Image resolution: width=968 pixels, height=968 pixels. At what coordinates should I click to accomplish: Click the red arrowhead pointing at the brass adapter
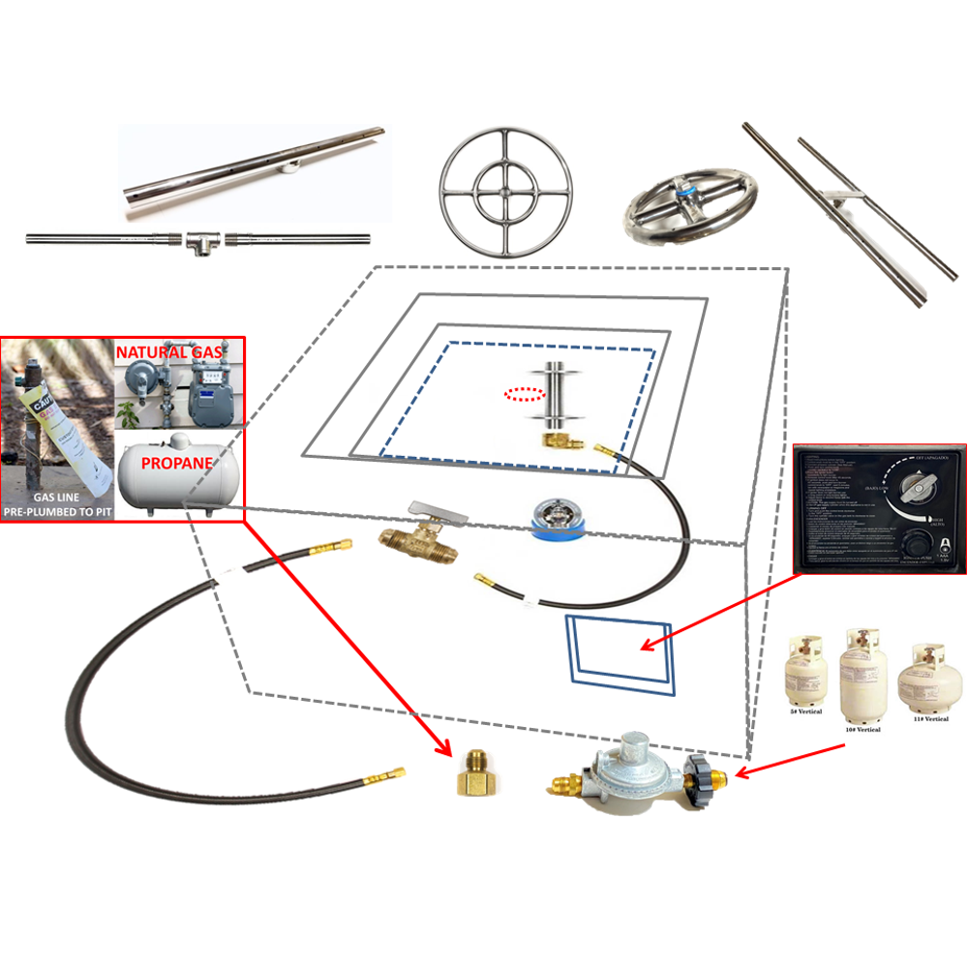click(x=443, y=748)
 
